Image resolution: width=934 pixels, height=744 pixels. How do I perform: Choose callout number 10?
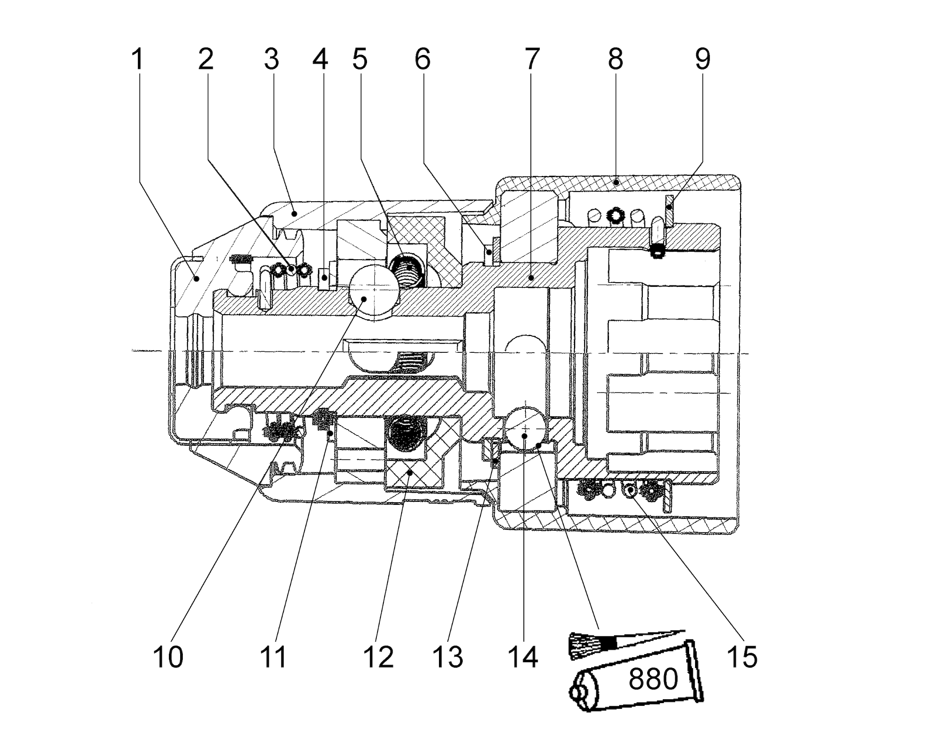[168, 657]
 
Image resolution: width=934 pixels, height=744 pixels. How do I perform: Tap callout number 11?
[273, 657]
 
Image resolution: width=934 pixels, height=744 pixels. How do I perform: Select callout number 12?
[378, 657]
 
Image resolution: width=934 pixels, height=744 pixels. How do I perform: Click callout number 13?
[448, 657]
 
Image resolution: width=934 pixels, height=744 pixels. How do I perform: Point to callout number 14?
[523, 657]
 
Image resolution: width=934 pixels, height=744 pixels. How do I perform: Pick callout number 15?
[742, 657]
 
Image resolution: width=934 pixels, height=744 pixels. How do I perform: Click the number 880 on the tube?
[653, 679]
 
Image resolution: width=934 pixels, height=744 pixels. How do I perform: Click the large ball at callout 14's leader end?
[525, 428]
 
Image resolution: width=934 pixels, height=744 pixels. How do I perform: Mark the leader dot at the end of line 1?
[197, 278]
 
